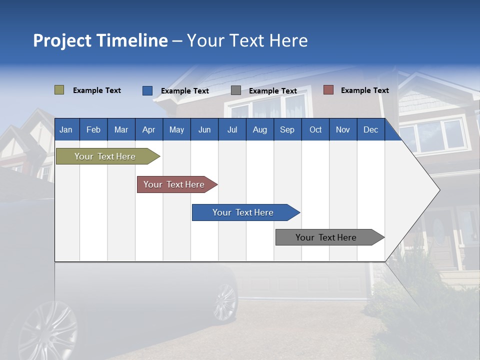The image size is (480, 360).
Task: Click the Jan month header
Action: (66, 129)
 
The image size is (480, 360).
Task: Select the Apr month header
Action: (148, 129)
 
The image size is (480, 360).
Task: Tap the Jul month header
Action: (232, 129)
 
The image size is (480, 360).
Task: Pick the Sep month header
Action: (287, 129)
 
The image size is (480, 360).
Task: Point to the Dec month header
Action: (370, 129)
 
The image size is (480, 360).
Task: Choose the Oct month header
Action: (315, 129)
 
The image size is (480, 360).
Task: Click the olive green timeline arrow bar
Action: (105, 156)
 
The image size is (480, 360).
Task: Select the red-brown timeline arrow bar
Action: (174, 184)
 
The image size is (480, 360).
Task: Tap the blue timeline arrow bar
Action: (243, 212)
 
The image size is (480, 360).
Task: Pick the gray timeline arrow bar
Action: (326, 237)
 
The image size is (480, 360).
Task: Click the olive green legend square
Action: (59, 90)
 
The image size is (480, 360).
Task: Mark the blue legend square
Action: (147, 90)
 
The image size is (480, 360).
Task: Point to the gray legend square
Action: (235, 90)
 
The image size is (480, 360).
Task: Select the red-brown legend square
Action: (328, 90)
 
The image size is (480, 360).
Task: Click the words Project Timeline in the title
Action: (100, 40)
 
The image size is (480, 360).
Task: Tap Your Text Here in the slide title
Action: (247, 40)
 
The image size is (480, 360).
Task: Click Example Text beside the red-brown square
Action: (364, 90)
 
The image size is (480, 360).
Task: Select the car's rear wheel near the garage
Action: (225, 301)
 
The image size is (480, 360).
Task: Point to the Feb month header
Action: (93, 129)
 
